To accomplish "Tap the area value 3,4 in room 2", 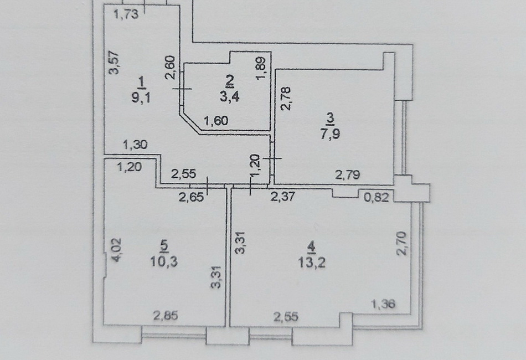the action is [229, 97].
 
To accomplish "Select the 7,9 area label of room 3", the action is [330, 133].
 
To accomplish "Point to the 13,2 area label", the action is [312, 263].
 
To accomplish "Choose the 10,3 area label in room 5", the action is [164, 261].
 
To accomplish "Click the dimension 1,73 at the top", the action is [126, 15].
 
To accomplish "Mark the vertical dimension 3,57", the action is [115, 63].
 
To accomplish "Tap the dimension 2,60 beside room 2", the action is [171, 67].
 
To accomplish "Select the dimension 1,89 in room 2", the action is [261, 68].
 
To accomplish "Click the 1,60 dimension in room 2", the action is [216, 120].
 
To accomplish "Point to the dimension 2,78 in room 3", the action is [286, 99].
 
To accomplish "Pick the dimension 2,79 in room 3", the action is [348, 175].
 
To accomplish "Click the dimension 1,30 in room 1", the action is [135, 145].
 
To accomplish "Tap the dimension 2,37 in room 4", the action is [283, 196].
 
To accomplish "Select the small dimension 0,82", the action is [377, 197].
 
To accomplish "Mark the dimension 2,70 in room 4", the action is [401, 244].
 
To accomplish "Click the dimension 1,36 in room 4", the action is [383, 304].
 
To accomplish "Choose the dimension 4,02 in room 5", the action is [117, 250].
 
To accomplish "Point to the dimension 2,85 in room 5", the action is [166, 316].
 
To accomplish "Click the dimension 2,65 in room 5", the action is [191, 197].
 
